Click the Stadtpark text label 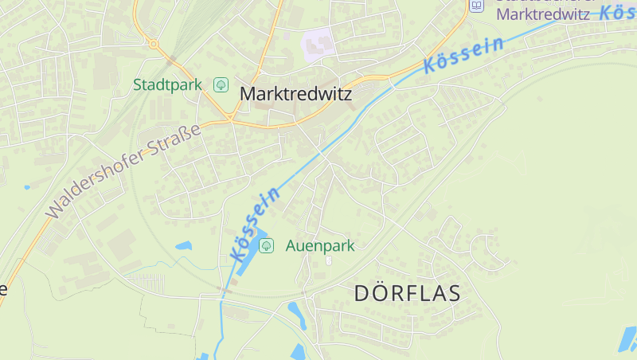click(167, 84)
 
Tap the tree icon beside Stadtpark click(221, 84)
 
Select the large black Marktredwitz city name click(295, 93)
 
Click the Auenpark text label click(320, 245)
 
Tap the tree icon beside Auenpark click(267, 245)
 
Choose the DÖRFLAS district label click(408, 293)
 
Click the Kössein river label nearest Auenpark click(256, 225)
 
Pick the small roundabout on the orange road click(154, 44)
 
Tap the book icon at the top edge click(476, 6)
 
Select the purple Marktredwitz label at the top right click(542, 14)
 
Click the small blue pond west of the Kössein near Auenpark click(184, 246)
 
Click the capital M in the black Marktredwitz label click(248, 93)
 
